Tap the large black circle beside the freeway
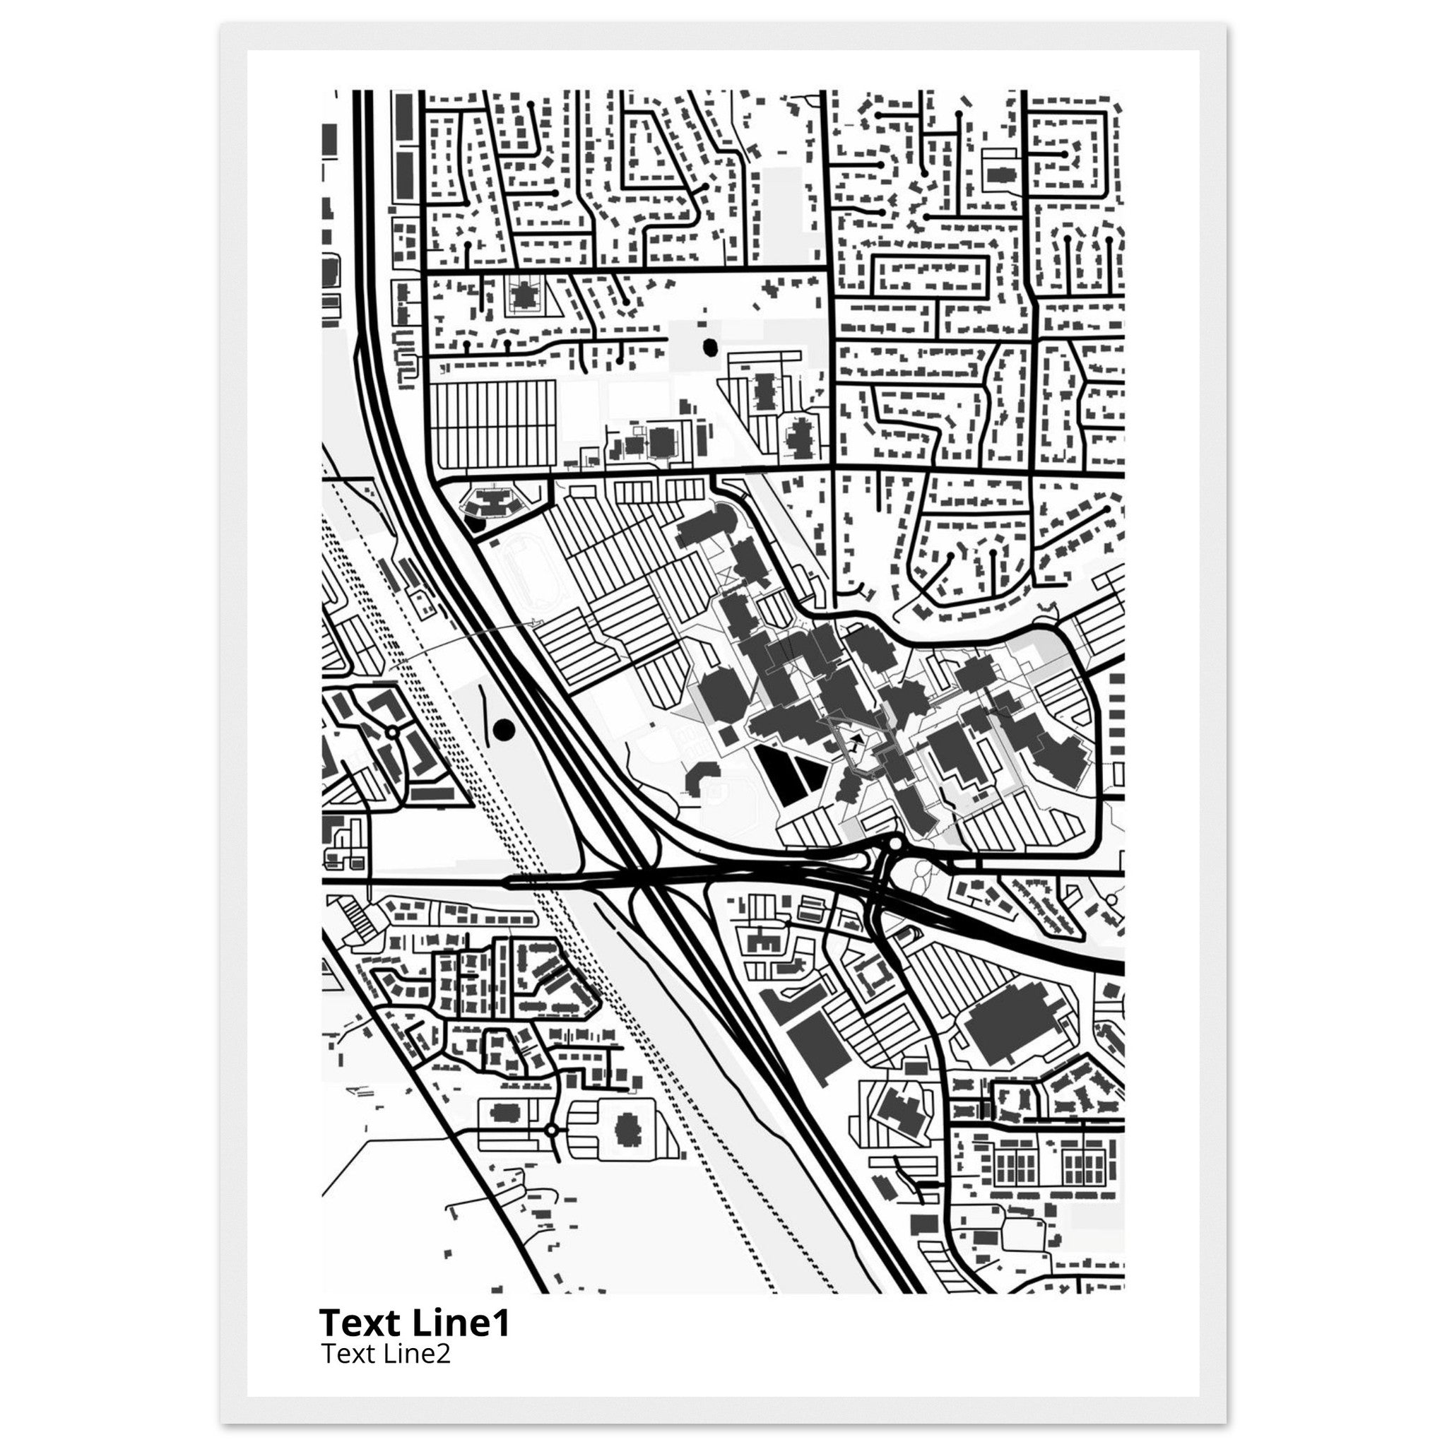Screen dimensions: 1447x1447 (x=504, y=728)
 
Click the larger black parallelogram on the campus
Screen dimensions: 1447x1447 (x=776, y=774)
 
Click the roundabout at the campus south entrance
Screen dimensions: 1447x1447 (x=894, y=845)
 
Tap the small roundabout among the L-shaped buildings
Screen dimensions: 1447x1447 (x=391, y=731)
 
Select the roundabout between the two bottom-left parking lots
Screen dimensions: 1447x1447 (x=552, y=1150)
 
